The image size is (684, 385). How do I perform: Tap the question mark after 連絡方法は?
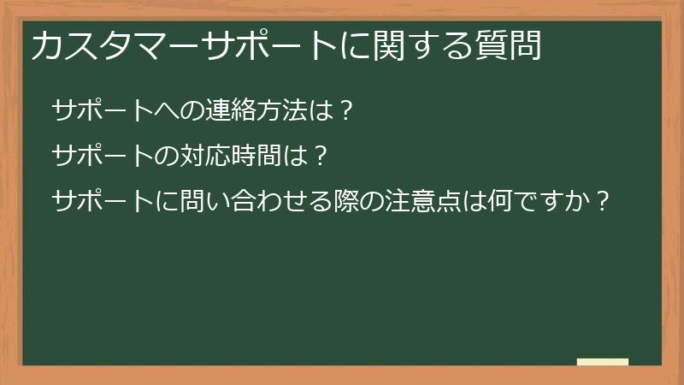point(345,110)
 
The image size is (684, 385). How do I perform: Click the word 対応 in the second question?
point(199,157)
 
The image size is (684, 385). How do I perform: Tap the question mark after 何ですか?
point(604,203)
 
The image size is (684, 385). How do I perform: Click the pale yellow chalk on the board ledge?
point(603,362)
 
